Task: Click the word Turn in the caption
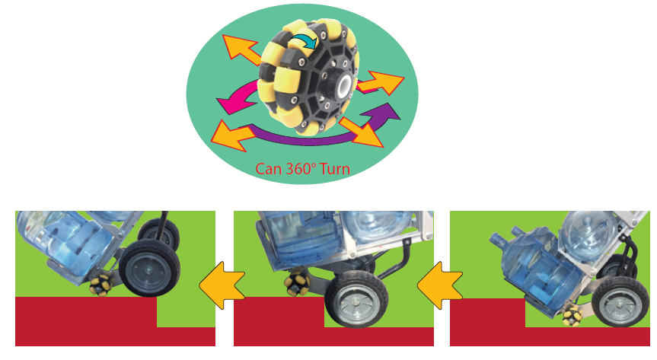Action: point(335,169)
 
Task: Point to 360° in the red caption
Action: point(301,169)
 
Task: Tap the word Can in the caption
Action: point(269,169)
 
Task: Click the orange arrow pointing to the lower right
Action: point(362,132)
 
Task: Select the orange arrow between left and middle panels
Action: point(222,285)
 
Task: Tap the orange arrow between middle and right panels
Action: point(440,285)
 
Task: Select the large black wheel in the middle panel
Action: point(356,298)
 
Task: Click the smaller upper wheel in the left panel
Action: point(158,235)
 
